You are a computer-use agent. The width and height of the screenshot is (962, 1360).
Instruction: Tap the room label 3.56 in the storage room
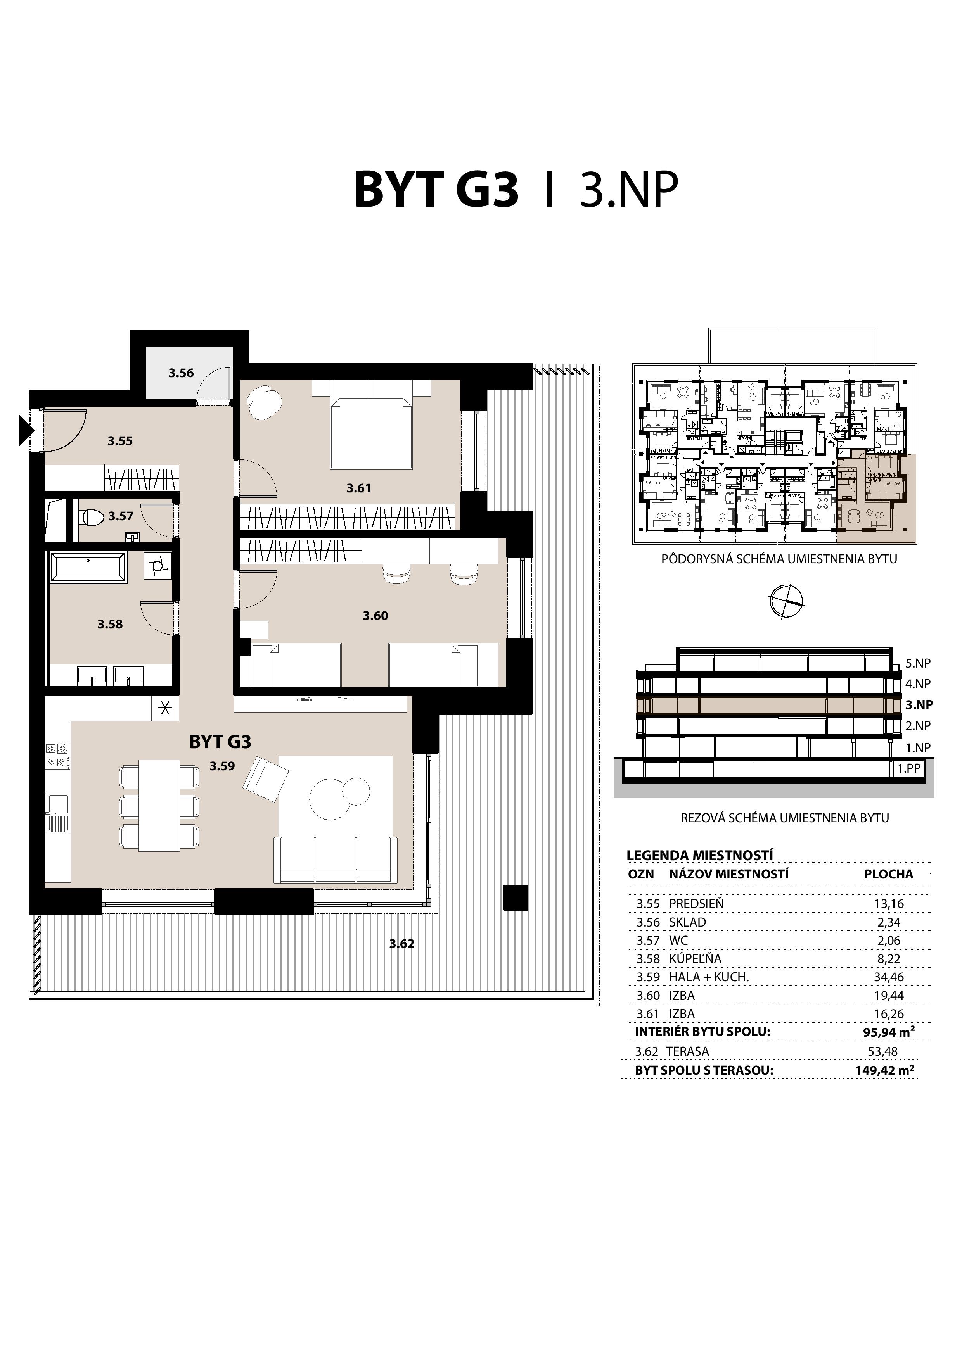[181, 373]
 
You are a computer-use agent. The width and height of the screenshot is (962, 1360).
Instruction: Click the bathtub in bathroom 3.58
[88, 568]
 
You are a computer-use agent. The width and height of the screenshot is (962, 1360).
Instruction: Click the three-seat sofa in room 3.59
[335, 859]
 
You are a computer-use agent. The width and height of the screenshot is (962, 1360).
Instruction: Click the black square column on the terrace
[515, 897]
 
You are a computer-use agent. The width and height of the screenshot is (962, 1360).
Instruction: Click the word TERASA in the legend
[687, 1051]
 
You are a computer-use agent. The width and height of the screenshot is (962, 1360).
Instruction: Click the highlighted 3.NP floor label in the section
[919, 704]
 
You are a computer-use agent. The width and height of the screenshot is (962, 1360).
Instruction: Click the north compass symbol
[787, 601]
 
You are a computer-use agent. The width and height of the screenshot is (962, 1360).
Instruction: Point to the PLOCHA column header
[888, 874]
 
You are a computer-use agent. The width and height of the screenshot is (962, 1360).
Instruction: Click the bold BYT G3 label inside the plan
[220, 742]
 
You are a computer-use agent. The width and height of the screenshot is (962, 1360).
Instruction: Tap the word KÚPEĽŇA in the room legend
[695, 958]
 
